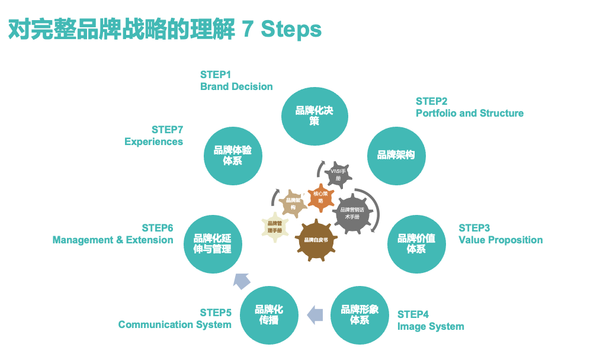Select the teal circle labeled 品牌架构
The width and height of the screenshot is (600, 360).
click(x=396, y=155)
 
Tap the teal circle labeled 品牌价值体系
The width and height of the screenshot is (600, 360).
click(x=416, y=243)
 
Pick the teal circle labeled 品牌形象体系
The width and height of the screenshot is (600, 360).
click(x=359, y=314)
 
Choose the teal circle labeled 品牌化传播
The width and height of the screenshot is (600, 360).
click(x=269, y=314)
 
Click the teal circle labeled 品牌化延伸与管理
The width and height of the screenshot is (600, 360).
click(x=212, y=243)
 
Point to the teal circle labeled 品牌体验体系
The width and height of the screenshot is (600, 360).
click(x=233, y=155)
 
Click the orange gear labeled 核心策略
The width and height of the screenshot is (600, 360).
click(x=321, y=197)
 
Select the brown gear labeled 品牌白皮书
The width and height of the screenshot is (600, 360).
click(x=320, y=239)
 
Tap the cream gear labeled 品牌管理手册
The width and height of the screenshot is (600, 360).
click(x=275, y=226)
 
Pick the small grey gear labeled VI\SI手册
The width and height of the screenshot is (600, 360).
click(x=338, y=174)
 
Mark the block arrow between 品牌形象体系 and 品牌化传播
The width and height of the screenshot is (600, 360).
click(x=315, y=315)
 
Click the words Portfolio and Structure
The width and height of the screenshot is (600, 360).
click(x=469, y=113)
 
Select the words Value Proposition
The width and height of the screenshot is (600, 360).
click(x=500, y=240)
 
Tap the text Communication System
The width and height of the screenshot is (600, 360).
click(x=175, y=324)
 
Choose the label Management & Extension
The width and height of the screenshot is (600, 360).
click(x=113, y=240)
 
